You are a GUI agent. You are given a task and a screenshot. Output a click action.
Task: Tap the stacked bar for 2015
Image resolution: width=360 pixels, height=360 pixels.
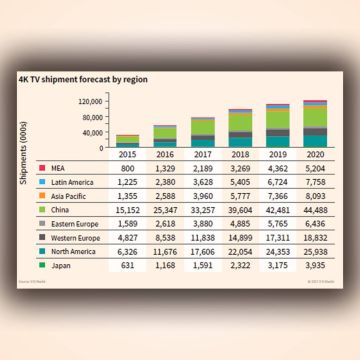tap(128, 141)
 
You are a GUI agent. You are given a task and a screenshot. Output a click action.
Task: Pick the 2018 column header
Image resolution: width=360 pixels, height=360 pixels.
tap(241, 156)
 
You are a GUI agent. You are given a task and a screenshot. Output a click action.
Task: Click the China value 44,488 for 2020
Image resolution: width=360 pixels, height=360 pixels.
tap(315, 209)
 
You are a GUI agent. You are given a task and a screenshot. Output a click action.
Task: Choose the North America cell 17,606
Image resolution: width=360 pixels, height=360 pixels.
tap(203, 251)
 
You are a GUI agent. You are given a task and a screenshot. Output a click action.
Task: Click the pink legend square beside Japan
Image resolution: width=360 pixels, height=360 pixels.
tap(42, 265)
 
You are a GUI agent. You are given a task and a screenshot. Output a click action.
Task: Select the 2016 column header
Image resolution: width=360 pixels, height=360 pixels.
tap(166, 156)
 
